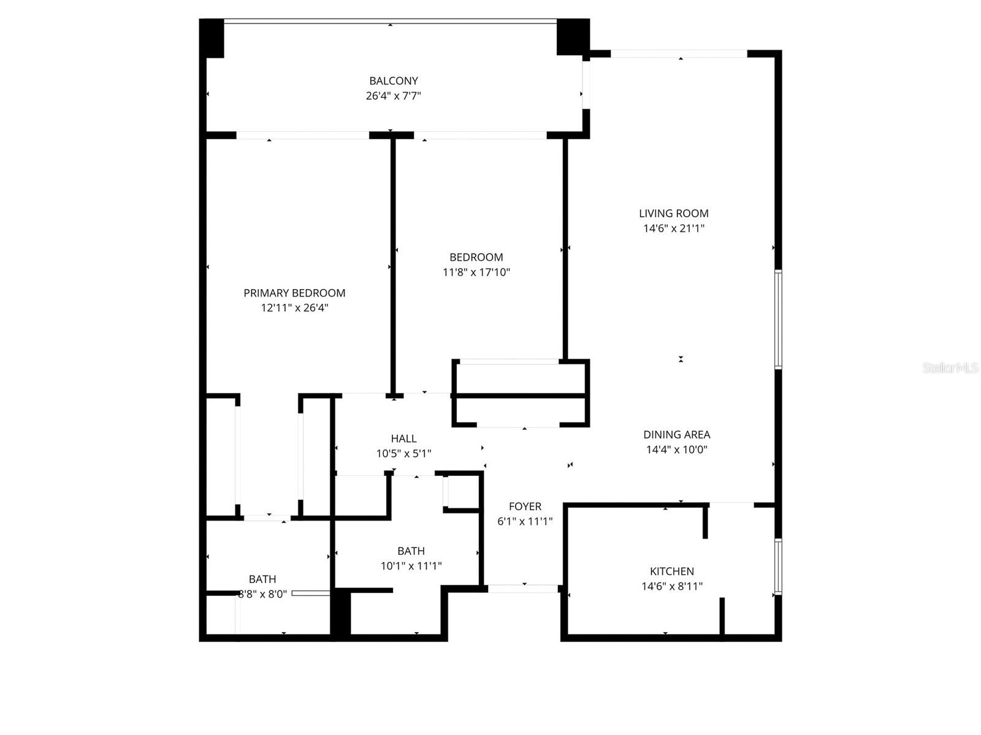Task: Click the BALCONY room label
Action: pos(394,81)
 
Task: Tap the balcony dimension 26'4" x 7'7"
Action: pos(394,96)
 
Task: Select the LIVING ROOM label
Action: pos(674,214)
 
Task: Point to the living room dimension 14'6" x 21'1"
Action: pos(674,228)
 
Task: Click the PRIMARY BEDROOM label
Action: pos(294,293)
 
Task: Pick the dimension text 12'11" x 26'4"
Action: pos(294,308)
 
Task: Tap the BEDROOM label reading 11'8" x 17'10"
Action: pos(476,258)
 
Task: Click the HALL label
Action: pos(403,439)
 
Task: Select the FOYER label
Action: pos(525,507)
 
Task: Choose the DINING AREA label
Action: pos(677,435)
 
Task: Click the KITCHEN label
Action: pos(672,571)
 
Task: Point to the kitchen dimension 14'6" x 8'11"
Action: pos(672,586)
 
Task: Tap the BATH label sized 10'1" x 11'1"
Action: pos(411,551)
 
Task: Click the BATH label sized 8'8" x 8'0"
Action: pos(262,579)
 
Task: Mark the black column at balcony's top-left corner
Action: pos(212,38)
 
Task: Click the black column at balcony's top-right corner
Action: pos(572,37)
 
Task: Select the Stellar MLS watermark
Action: pos(950,367)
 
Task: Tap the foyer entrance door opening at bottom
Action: pos(524,589)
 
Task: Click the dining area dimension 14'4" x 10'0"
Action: pos(677,450)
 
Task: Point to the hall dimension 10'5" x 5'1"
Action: pos(403,454)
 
